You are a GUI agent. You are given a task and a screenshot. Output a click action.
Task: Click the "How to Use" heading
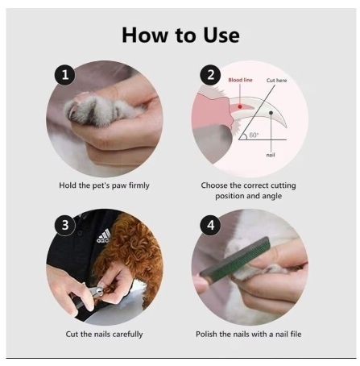[x=180, y=35]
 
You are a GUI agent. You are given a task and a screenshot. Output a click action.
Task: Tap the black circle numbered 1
[x=65, y=75]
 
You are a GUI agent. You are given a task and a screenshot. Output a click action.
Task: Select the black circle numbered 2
[x=210, y=75]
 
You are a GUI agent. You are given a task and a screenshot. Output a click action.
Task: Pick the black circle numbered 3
[x=65, y=225]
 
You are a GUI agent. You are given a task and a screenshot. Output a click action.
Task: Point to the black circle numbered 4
[x=210, y=225]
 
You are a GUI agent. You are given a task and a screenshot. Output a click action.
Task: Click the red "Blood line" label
[x=240, y=80]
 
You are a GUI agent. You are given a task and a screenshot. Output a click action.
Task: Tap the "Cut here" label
[x=276, y=81]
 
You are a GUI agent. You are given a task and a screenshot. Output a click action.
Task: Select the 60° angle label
[x=254, y=135]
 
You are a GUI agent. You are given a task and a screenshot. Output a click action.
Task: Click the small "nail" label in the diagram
[x=271, y=155]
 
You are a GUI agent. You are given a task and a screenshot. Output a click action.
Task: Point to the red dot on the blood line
[x=240, y=106]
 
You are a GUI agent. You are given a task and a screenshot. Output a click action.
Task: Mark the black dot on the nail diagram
[x=271, y=113]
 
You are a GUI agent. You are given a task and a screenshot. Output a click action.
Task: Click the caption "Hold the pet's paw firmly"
[x=104, y=185]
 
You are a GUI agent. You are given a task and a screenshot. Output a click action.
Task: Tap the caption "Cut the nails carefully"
[x=104, y=335]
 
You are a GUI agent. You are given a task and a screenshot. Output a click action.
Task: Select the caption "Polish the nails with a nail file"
[x=249, y=335]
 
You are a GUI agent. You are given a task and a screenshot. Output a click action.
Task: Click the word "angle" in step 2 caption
[x=271, y=197]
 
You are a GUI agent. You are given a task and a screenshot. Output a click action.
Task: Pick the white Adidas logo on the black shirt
[x=104, y=236]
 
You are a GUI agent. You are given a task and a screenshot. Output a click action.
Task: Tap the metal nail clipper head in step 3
[x=95, y=291]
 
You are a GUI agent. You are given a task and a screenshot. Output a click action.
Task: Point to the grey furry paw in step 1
[x=103, y=110]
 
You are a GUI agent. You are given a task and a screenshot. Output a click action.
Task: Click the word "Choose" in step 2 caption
[x=214, y=185]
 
